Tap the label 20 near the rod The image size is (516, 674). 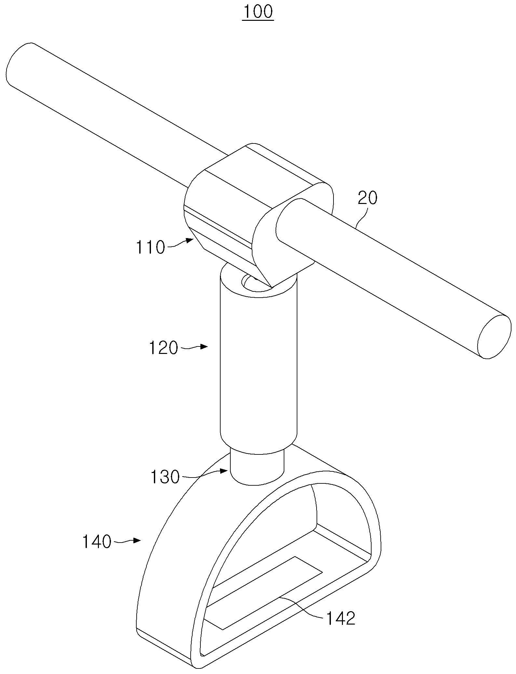368,198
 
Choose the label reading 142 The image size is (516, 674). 341,619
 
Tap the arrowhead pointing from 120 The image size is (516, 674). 204,347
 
